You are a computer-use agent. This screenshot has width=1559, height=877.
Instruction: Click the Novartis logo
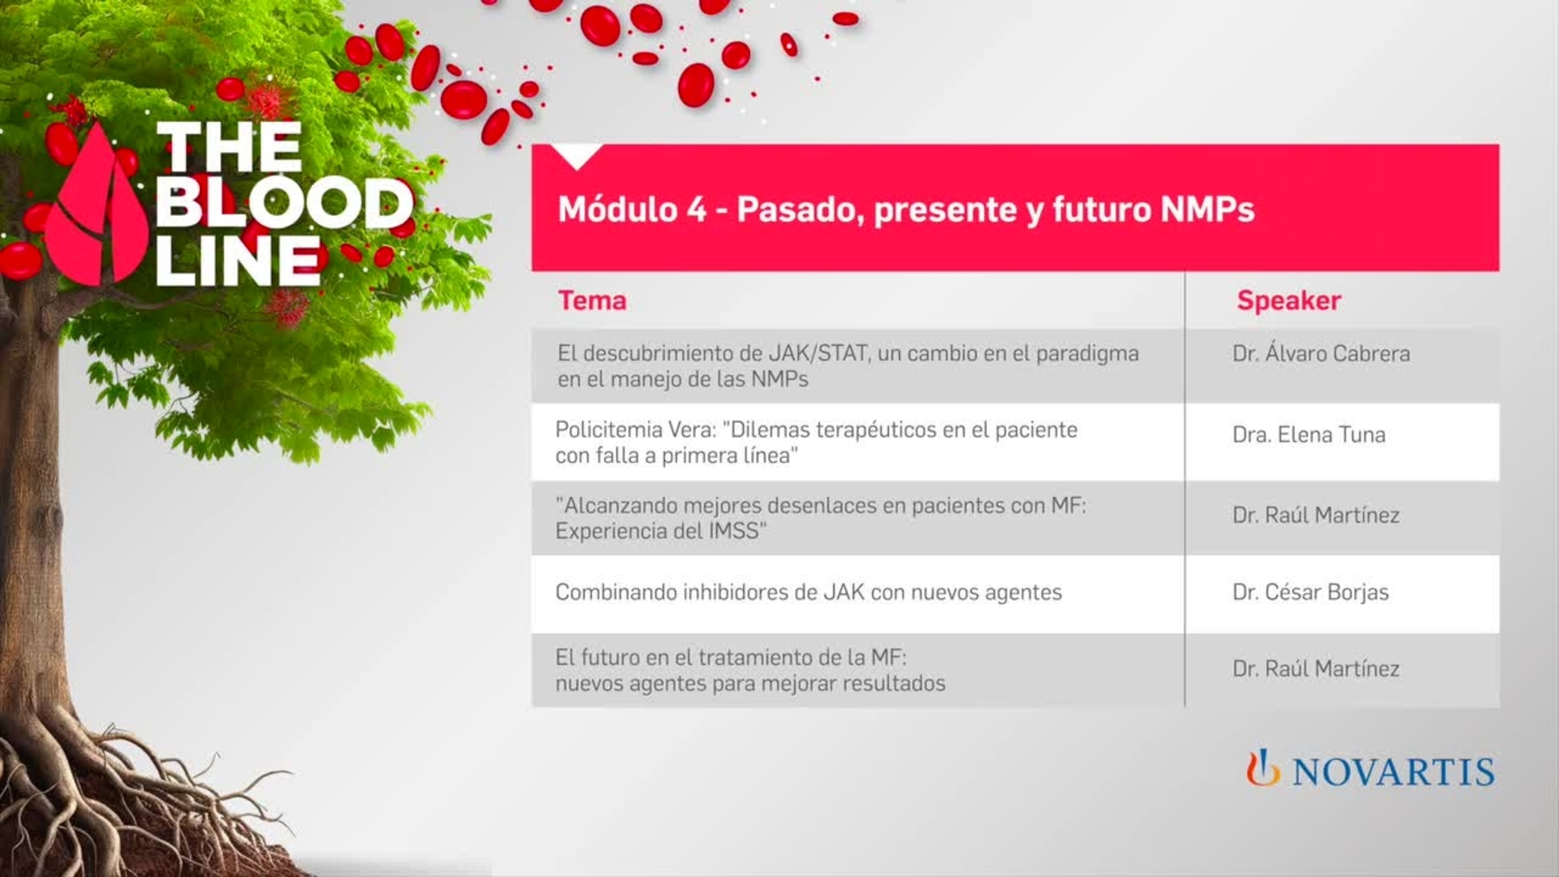click(1370, 770)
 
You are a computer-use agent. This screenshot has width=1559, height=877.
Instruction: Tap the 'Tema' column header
click(592, 300)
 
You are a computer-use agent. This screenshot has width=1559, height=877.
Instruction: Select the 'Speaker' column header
click(1289, 300)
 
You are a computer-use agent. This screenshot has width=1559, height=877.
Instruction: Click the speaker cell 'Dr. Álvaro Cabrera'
click(1321, 354)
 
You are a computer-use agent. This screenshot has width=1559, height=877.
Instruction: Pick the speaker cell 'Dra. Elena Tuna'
click(1308, 435)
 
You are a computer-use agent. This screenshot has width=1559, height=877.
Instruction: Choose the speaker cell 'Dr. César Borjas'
click(1310, 592)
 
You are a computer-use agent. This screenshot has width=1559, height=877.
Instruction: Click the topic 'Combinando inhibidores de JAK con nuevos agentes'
click(808, 592)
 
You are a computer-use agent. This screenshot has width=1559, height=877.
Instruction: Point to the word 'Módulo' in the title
click(617, 210)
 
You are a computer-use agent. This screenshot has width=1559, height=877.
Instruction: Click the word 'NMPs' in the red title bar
click(1207, 210)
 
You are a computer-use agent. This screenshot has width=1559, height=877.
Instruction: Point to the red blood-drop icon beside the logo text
click(96, 211)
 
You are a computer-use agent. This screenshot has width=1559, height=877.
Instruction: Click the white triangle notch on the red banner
click(577, 154)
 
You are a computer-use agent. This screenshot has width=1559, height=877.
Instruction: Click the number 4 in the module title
click(697, 210)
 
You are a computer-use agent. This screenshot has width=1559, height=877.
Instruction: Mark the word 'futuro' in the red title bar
click(1102, 210)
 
